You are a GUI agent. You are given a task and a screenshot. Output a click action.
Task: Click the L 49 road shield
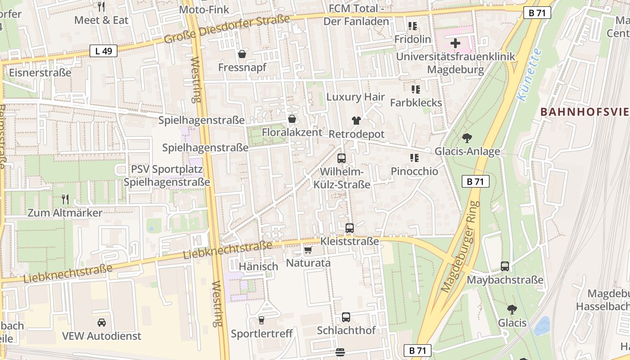tap(103, 51)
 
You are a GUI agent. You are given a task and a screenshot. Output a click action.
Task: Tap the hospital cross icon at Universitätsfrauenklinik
tap(455, 44)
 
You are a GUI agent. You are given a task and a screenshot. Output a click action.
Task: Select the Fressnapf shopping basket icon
tap(242, 54)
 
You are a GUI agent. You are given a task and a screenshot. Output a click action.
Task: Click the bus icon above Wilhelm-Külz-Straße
tap(342, 158)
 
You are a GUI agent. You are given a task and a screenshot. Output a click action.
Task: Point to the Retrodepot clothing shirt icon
tap(356, 121)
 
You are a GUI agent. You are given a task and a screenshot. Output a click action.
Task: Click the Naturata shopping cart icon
tap(308, 250)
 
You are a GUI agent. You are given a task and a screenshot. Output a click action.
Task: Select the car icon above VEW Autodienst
tap(102, 323)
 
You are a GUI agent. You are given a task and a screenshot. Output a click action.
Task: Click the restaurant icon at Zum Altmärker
tap(65, 199)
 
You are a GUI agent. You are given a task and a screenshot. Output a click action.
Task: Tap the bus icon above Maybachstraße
tap(505, 266)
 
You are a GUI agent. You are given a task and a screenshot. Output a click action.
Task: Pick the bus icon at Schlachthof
tap(346, 317)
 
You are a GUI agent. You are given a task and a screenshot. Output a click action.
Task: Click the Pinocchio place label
tap(414, 171)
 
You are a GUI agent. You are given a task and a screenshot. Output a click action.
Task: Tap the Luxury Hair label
tap(355, 97)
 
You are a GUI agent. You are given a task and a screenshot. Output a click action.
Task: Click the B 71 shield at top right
tap(537, 13)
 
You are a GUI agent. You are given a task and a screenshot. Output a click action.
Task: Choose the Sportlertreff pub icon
tap(261, 320)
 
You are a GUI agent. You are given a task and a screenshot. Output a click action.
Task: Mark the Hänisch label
tap(258, 266)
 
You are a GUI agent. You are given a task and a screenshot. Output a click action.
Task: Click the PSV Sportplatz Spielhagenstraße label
tap(166, 176)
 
